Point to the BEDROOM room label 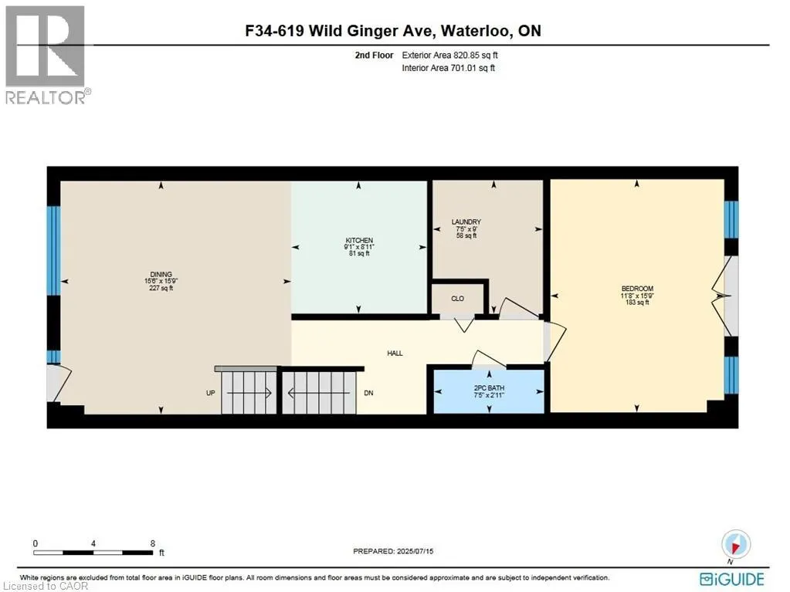pos(636,288)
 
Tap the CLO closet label pos(457,298)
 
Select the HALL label pos(395,353)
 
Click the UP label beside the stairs pos(210,393)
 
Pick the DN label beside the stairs pos(368,393)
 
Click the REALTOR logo pos(46,54)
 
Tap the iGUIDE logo pos(731,578)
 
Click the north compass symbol pos(734,543)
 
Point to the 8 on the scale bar pos(152,543)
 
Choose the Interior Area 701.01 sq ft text pos(448,68)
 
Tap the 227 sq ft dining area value pos(161,288)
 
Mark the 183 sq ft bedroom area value pos(636,303)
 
